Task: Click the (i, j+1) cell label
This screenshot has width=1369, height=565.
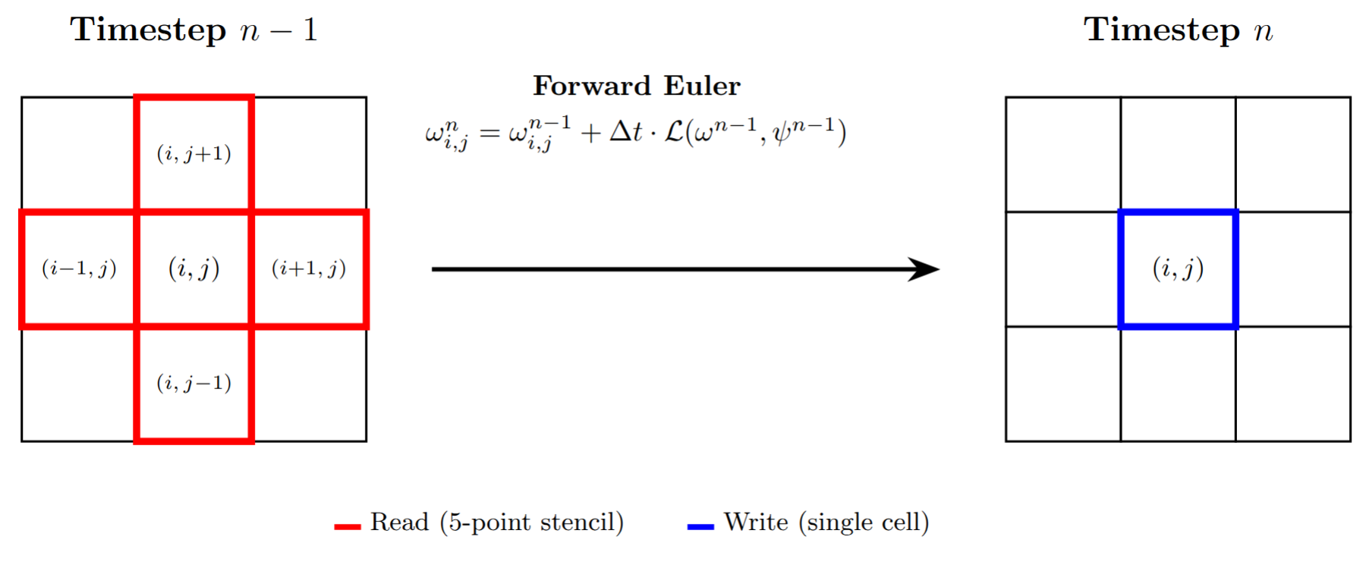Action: (x=194, y=154)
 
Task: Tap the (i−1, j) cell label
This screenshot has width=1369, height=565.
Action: (x=79, y=268)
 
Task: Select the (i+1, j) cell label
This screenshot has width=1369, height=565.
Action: (x=309, y=268)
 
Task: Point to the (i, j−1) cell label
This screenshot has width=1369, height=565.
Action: (x=194, y=383)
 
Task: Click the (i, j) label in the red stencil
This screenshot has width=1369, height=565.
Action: (x=194, y=268)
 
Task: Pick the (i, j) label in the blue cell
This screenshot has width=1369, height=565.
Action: (x=1178, y=268)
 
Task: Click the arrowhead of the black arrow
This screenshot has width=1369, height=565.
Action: (x=926, y=269)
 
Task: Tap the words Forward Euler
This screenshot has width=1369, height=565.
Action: (x=636, y=86)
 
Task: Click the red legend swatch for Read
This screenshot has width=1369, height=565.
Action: (x=347, y=526)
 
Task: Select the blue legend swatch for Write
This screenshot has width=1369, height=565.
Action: (x=700, y=526)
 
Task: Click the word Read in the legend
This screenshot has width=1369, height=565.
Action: (x=399, y=523)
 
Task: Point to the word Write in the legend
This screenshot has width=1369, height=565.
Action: (x=756, y=523)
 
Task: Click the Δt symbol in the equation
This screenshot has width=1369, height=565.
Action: (x=626, y=132)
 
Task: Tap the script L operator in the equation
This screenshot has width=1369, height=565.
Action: (x=674, y=132)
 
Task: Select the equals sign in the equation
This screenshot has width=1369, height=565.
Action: (x=489, y=133)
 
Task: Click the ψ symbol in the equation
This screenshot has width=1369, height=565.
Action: (x=780, y=134)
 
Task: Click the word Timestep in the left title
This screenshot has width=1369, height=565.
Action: (x=148, y=30)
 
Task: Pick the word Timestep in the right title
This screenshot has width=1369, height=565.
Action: (x=1161, y=30)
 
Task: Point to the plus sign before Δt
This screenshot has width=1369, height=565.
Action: (x=590, y=133)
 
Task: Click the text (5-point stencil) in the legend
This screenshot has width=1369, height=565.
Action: (x=531, y=523)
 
